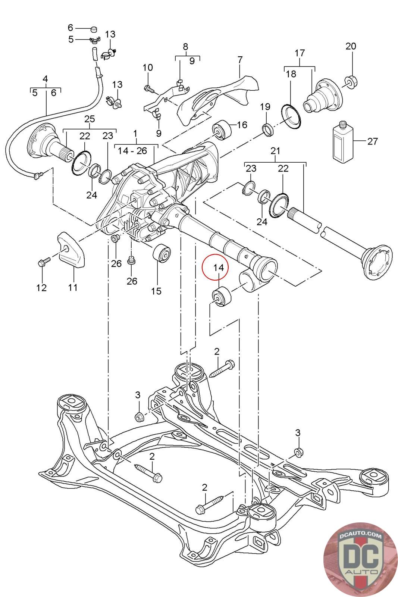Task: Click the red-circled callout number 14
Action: pos(219,267)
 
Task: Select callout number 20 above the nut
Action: pos(351,46)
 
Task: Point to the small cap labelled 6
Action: pos(93,29)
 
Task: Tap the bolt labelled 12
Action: pos(42,262)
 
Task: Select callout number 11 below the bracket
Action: pos(73,287)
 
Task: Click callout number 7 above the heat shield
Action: pos(240,60)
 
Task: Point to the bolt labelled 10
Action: pos(148,88)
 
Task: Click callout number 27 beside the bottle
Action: pos(372,141)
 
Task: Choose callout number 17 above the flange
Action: pos(300,53)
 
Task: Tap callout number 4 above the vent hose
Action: pos(46,79)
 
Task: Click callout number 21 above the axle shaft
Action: pos(275,151)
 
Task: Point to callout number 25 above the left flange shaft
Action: pos(90,119)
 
